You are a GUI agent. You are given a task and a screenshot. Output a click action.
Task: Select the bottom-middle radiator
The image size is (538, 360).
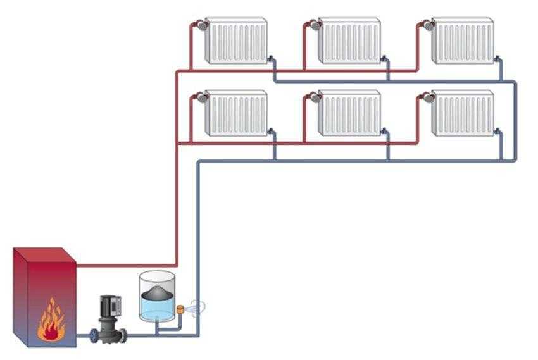point(349,113)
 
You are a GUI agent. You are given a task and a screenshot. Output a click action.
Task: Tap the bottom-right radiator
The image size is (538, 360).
point(461,113)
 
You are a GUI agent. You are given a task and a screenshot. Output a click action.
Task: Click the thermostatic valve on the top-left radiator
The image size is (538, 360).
point(201,26)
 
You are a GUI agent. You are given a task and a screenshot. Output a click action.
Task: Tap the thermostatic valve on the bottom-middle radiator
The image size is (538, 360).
point(313,97)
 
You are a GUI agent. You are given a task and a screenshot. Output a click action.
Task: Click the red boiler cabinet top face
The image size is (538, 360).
point(46,254)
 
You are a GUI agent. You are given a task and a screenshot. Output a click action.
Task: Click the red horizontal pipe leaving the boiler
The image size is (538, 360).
point(127,265)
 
